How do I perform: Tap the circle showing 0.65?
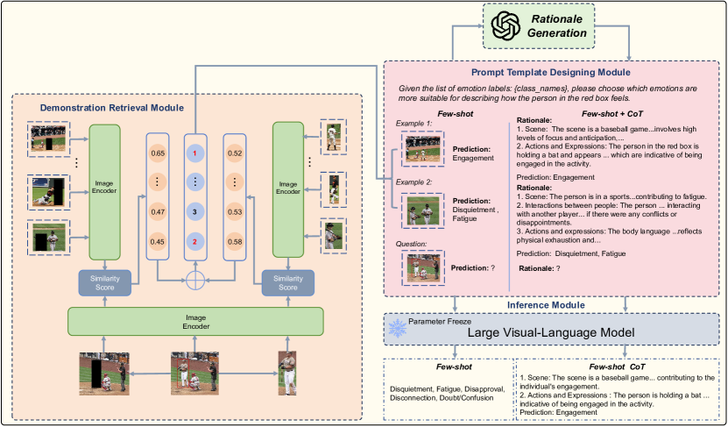(x=158, y=153)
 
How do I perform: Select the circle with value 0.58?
(x=235, y=241)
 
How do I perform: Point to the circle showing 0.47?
(x=158, y=211)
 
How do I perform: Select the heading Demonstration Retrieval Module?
(x=111, y=108)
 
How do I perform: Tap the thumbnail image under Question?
(x=422, y=267)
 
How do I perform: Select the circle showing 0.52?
(x=235, y=153)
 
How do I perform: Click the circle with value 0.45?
(x=158, y=241)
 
